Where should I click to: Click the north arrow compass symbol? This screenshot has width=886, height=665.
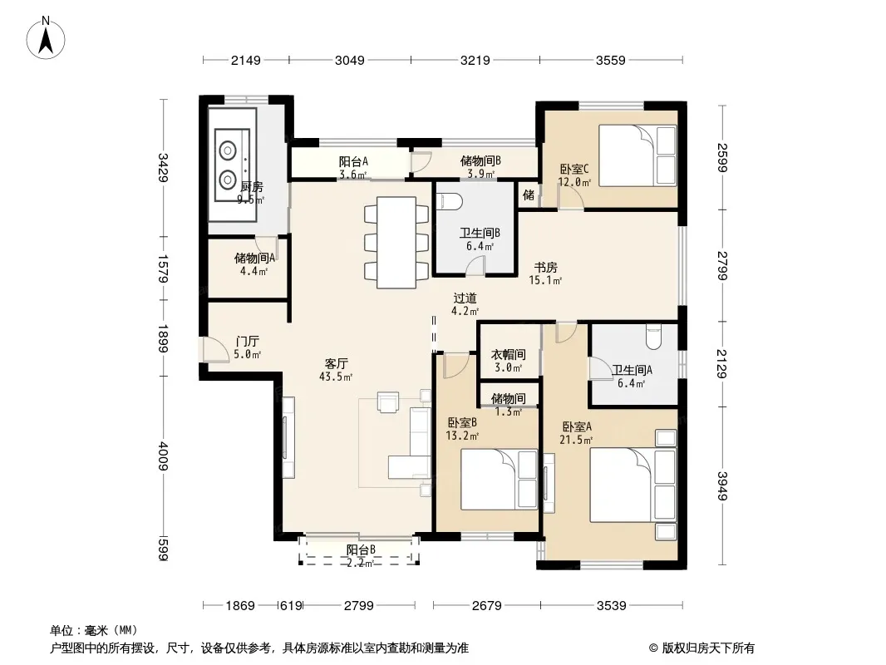pyautogui.click(x=46, y=37)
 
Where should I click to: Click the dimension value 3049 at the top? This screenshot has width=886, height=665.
pyautogui.click(x=350, y=60)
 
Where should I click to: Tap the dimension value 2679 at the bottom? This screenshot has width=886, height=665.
pyautogui.click(x=486, y=606)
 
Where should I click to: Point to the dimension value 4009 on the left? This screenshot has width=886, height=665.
pyautogui.click(x=163, y=456)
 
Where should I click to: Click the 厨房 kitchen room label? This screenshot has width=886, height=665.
pyautogui.click(x=252, y=186)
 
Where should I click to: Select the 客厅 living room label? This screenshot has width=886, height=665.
pyautogui.click(x=337, y=363)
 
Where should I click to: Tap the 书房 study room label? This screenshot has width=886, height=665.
pyautogui.click(x=546, y=267)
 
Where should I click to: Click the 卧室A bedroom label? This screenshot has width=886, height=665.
pyautogui.click(x=576, y=426)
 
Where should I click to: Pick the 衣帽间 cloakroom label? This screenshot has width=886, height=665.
pyautogui.click(x=508, y=354)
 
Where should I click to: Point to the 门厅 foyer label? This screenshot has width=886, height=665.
pyautogui.click(x=247, y=342)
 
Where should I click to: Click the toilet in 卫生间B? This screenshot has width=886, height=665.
pyautogui.click(x=450, y=201)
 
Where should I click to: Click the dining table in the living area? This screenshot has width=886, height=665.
pyautogui.click(x=396, y=243)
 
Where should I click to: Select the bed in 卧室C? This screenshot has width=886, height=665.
pyautogui.click(x=637, y=155)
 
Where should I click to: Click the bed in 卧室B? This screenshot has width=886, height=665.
pyautogui.click(x=499, y=480)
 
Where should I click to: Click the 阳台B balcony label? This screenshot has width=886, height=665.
pyautogui.click(x=361, y=549)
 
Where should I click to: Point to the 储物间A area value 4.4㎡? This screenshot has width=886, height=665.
pyautogui.click(x=253, y=271)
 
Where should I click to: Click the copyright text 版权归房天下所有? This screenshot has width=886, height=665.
pyautogui.click(x=708, y=648)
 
